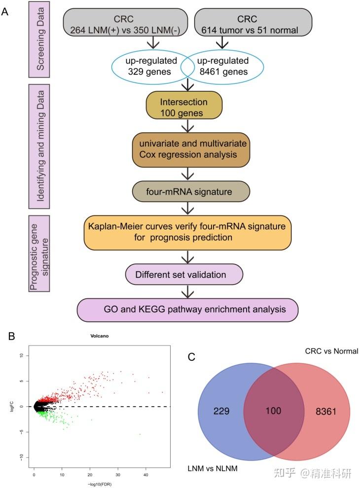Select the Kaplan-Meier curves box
[187, 232]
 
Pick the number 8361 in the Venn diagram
[322, 410]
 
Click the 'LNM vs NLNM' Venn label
[213, 468]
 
